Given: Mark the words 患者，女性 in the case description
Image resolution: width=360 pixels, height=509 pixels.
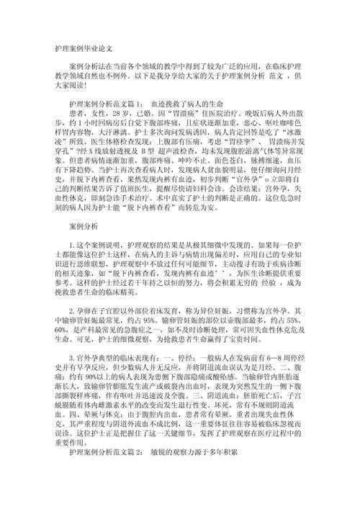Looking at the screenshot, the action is pos(86,114).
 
